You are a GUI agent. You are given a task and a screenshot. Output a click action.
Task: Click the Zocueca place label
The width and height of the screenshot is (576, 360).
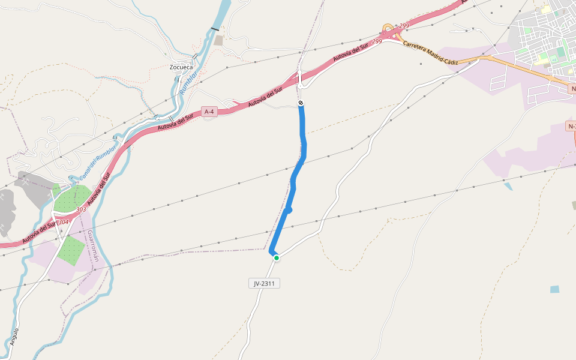181,67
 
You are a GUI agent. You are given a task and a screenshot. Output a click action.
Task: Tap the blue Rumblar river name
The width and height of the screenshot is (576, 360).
188,83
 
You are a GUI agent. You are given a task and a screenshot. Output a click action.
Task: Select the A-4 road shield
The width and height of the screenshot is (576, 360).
209,112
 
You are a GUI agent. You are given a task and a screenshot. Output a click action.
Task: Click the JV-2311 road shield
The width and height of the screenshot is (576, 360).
264,283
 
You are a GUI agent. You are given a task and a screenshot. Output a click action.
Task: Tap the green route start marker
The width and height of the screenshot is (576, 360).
276,258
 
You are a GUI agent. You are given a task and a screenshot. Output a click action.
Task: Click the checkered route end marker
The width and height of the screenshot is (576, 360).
301,103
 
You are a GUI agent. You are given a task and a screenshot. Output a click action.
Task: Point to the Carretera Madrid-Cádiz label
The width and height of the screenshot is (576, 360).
430,53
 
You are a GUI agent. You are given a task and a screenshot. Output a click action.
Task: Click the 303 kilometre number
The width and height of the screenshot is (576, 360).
80,210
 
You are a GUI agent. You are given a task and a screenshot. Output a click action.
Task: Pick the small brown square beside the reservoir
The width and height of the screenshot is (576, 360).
218,40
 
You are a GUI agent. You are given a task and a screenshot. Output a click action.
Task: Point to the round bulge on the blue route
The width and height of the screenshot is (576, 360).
289,210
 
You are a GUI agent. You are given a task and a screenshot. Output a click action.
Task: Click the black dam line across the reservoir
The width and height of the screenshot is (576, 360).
215,29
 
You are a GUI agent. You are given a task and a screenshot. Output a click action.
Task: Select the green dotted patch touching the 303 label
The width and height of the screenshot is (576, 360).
72,199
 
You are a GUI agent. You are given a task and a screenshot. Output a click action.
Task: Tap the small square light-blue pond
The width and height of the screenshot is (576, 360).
554,289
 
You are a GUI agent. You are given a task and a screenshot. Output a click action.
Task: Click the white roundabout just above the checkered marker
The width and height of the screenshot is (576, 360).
299,86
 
